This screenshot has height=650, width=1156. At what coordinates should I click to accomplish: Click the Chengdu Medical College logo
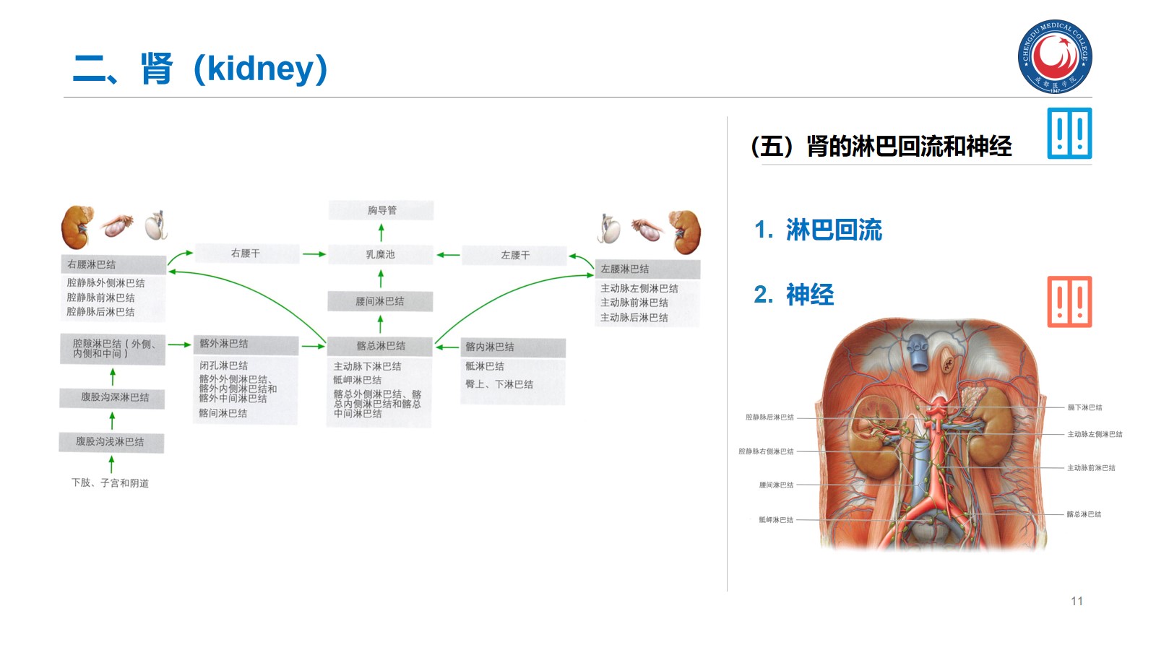click(x=1055, y=56)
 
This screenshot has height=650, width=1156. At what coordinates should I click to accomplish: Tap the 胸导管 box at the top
click(x=381, y=210)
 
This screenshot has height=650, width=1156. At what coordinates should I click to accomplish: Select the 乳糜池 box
click(x=381, y=254)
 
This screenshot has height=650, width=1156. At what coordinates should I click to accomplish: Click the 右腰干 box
click(x=246, y=253)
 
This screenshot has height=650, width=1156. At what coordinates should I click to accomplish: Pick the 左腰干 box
click(x=515, y=255)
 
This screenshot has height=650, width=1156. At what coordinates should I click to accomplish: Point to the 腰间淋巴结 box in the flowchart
click(x=380, y=301)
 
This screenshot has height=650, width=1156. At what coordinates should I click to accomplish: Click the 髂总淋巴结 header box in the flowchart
click(x=381, y=346)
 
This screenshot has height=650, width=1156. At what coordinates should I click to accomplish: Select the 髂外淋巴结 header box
click(x=246, y=344)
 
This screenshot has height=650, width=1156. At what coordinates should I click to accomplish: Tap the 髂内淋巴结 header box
click(x=512, y=347)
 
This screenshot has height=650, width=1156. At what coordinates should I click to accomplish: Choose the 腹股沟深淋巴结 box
click(x=113, y=397)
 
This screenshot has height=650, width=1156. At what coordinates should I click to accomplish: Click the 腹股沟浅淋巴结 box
click(x=111, y=441)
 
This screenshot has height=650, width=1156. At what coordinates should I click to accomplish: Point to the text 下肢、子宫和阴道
click(x=111, y=483)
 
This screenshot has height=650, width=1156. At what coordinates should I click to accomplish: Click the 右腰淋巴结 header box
click(x=113, y=264)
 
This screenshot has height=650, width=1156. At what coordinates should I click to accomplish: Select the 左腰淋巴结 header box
click(x=647, y=269)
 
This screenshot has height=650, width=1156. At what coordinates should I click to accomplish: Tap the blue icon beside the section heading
click(x=1069, y=134)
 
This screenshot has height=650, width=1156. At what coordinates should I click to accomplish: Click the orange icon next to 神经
click(x=1069, y=302)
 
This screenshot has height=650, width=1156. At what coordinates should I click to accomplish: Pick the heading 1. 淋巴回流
click(x=818, y=230)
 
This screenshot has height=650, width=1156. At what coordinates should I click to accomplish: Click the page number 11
click(x=1077, y=601)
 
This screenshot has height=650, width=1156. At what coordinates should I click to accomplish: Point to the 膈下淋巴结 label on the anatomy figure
click(x=1084, y=407)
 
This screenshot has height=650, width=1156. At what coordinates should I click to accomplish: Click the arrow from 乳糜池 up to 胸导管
click(x=381, y=233)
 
